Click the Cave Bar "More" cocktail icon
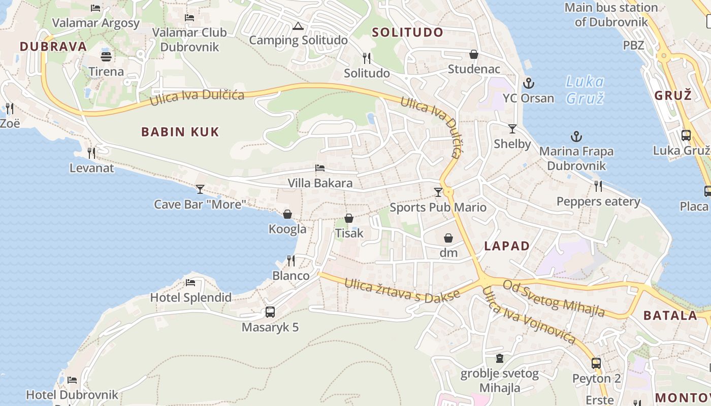click(200, 189)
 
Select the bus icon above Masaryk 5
click(270, 312)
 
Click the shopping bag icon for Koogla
click(287, 214)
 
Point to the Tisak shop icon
click(349, 218)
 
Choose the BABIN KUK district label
click(180, 132)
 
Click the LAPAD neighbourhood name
click(507, 246)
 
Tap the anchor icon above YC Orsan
click(528, 83)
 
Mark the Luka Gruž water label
click(585, 89)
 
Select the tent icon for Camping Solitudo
click(298, 26)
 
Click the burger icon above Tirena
click(106, 56)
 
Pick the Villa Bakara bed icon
click(320, 167)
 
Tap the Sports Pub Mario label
click(438, 207)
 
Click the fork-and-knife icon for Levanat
click(91, 152)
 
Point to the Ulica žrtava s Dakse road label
click(402, 290)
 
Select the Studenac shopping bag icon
click(474, 54)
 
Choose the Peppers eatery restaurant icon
click(598, 186)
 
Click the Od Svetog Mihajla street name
click(554, 297)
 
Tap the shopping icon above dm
click(448, 238)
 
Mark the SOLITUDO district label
click(408, 32)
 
